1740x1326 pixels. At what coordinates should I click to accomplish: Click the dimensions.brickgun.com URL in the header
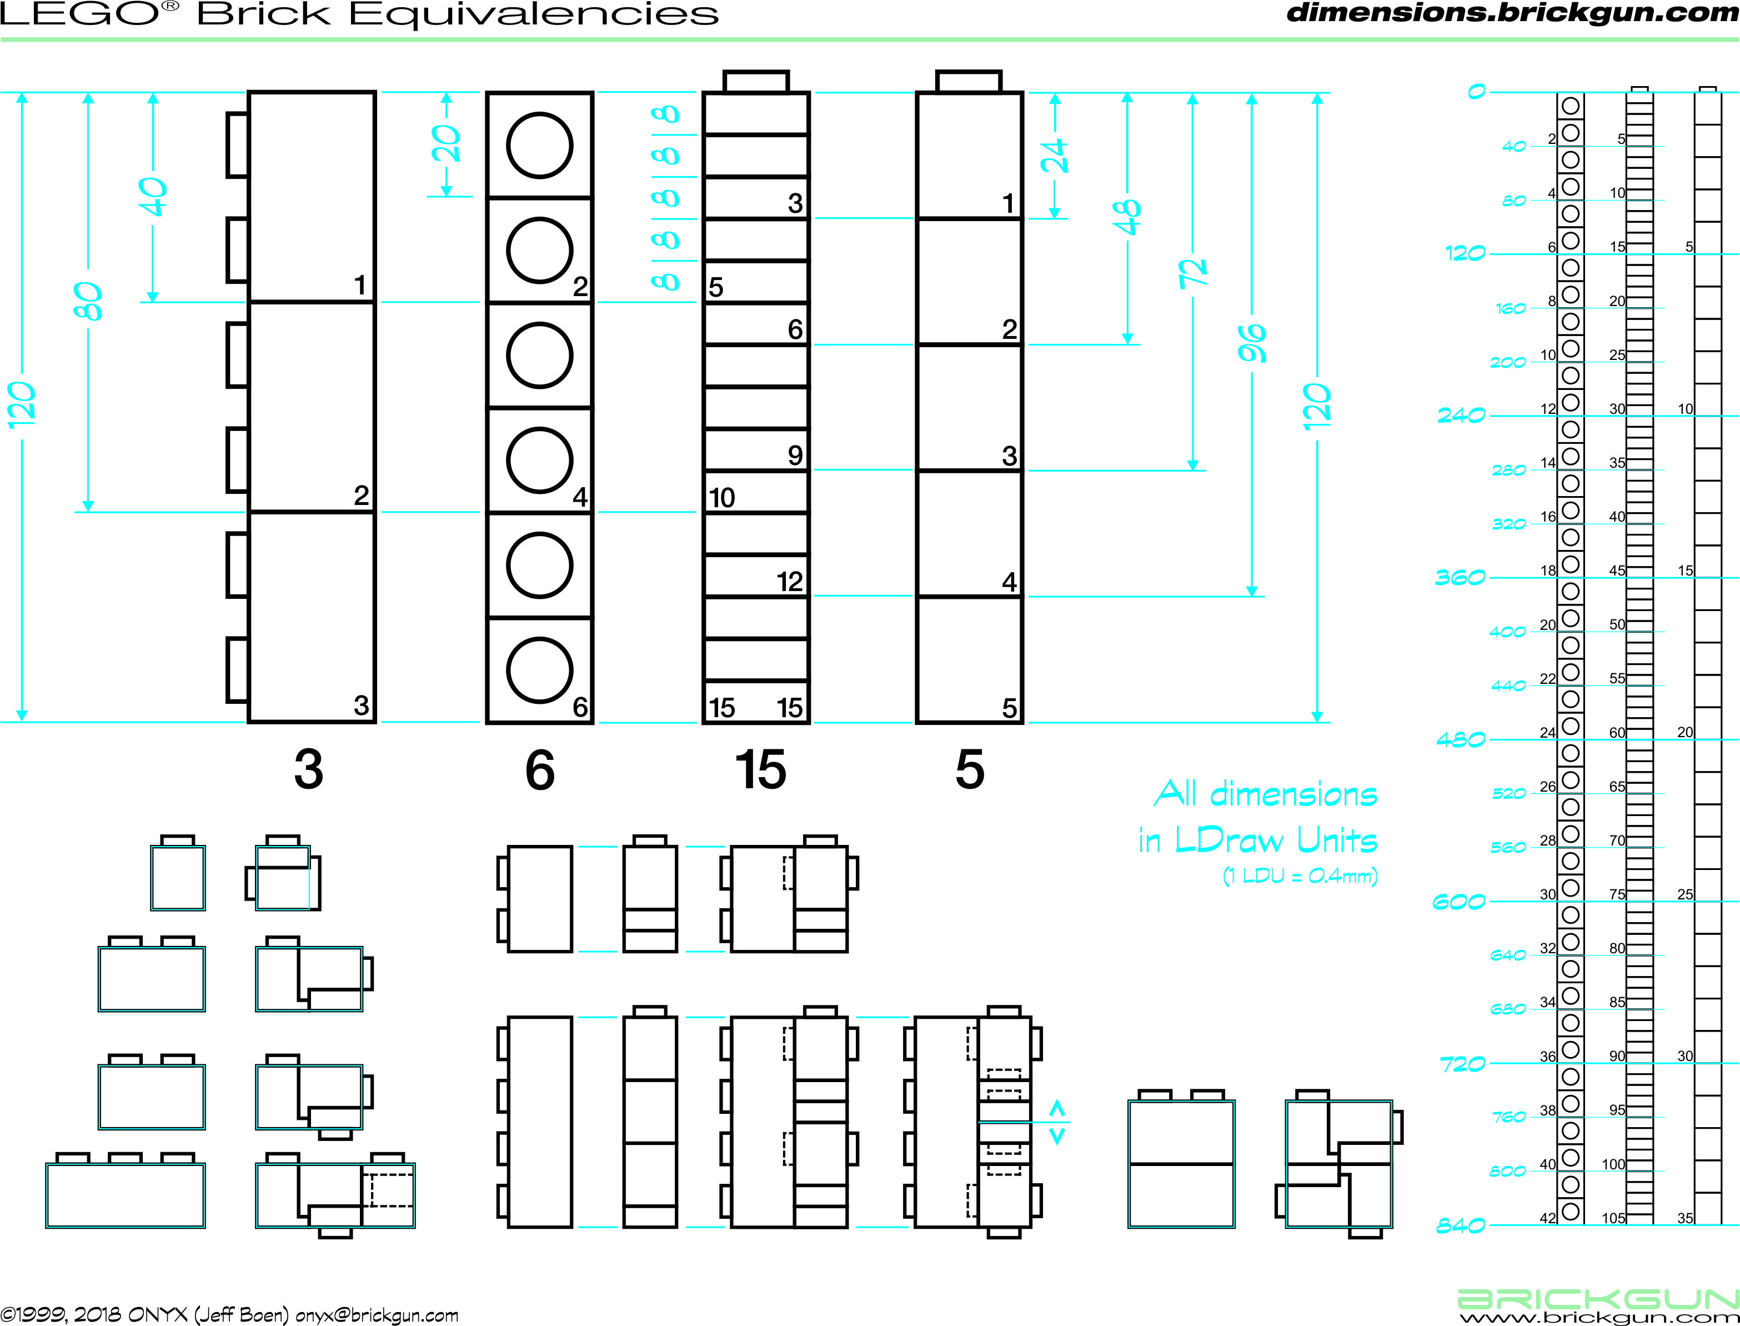coord(1512,13)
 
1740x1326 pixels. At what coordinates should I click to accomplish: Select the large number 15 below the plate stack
coord(760,769)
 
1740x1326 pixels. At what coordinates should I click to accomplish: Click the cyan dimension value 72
coord(1193,272)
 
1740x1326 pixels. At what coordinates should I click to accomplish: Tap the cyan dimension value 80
coord(88,302)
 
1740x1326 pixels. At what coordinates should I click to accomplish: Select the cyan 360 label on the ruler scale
coord(1460,578)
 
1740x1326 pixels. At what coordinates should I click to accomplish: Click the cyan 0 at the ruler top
coord(1476,92)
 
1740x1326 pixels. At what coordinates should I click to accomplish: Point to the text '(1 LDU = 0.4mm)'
coord(1301,875)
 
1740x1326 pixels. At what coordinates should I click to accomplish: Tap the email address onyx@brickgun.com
coord(377,1315)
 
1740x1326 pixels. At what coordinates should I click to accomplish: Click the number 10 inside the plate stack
coord(721,498)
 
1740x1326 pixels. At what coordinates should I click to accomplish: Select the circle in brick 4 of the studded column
coord(540,460)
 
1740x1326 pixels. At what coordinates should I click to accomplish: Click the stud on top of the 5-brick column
coord(969,81)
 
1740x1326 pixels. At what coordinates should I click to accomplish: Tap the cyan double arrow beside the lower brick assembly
coord(1057,1122)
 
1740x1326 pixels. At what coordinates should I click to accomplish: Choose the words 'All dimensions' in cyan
coord(1266,794)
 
